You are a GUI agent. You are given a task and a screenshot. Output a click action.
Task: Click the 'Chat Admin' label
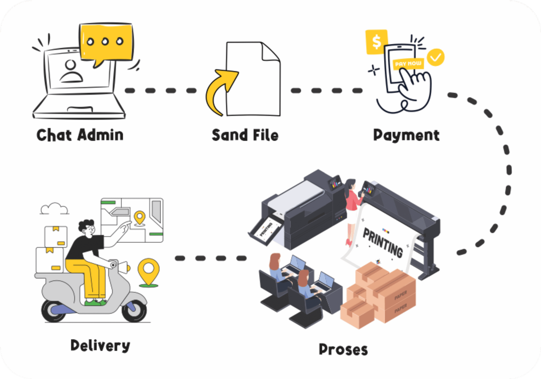(x=80, y=135)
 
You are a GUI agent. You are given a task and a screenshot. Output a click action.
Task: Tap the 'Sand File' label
(x=245, y=135)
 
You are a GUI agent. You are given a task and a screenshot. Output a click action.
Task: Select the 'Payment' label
(x=406, y=135)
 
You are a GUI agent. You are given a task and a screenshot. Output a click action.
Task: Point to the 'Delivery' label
(x=100, y=346)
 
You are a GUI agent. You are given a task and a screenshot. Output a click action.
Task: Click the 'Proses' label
(x=343, y=350)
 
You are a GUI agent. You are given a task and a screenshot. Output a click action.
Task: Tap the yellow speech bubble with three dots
(x=106, y=42)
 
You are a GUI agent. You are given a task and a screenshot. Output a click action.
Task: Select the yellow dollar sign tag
(x=376, y=42)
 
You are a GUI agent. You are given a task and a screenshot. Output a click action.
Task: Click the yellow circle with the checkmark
(x=436, y=57)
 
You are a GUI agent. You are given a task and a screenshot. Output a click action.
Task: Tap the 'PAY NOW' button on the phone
(x=408, y=63)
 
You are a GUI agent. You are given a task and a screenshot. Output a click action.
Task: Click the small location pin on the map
(x=139, y=218)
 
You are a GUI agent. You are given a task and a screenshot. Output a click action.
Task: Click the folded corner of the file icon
(x=270, y=52)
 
